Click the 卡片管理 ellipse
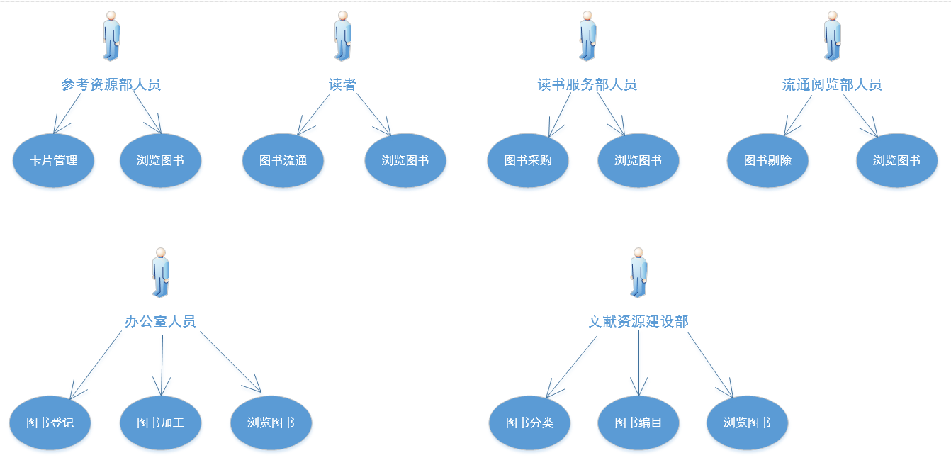click(53, 160)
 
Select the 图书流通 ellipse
click(283, 160)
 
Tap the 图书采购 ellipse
click(528, 160)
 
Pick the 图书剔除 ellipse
click(767, 160)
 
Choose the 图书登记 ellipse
click(50, 423)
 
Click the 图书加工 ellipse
click(161, 423)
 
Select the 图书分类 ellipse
click(529, 423)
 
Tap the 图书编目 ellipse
click(638, 423)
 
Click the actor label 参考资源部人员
click(111, 85)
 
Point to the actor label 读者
click(342, 85)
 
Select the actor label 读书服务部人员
click(587, 85)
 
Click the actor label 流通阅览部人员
click(832, 85)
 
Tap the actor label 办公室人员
click(160, 322)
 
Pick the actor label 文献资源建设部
click(638, 322)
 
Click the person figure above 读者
click(343, 35)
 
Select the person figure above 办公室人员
click(161, 272)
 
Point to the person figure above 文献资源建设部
click(638, 272)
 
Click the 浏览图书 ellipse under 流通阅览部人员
click(896, 160)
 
